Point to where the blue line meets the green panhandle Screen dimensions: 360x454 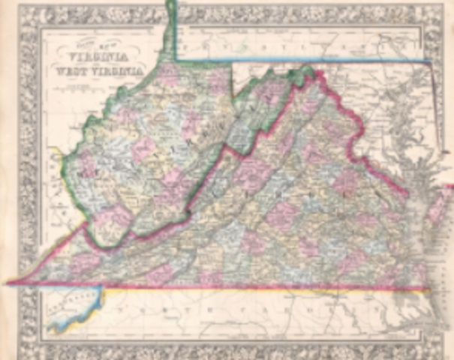(x=176, y=60)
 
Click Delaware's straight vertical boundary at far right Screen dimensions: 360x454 (x=440, y=112)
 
